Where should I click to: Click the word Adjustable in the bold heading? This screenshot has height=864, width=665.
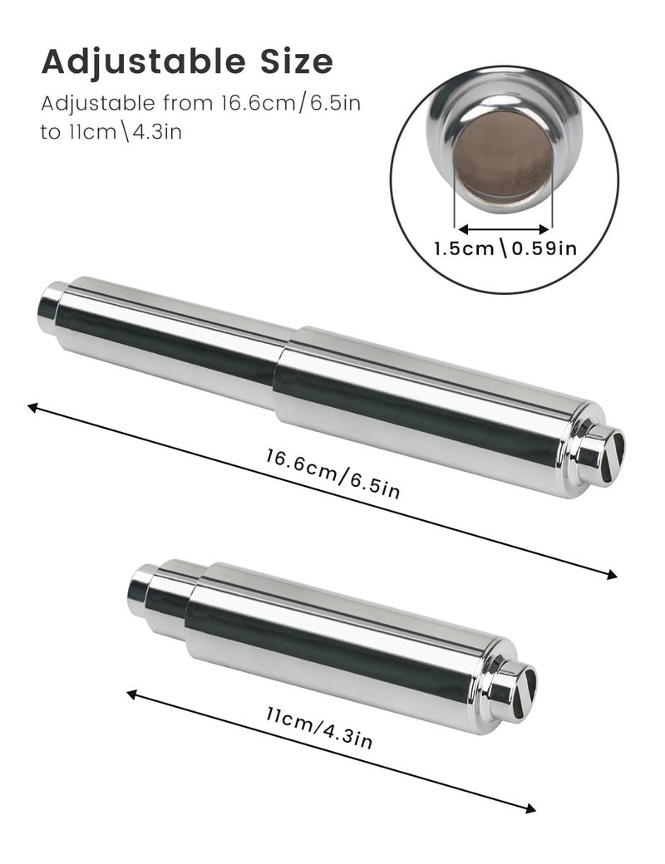pos(143,63)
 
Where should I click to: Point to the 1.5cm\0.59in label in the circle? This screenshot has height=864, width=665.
pos(505,248)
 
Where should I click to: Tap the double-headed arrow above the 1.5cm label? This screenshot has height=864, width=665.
pos(504,228)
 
